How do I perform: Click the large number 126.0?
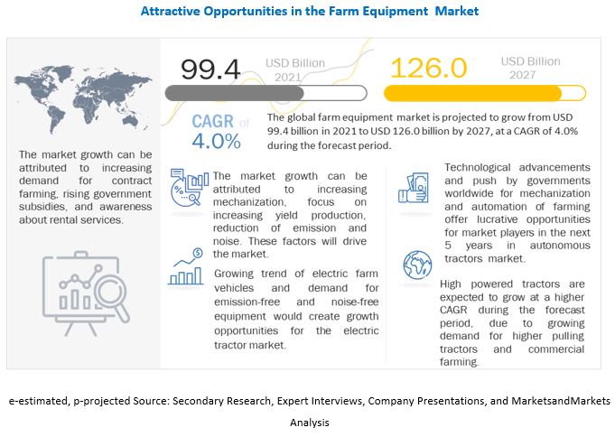[x=428, y=69]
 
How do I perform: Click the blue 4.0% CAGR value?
[x=216, y=142]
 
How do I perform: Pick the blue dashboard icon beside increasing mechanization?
[x=190, y=188]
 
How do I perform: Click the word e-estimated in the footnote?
[x=37, y=399]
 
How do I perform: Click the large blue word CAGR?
[x=214, y=122]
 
